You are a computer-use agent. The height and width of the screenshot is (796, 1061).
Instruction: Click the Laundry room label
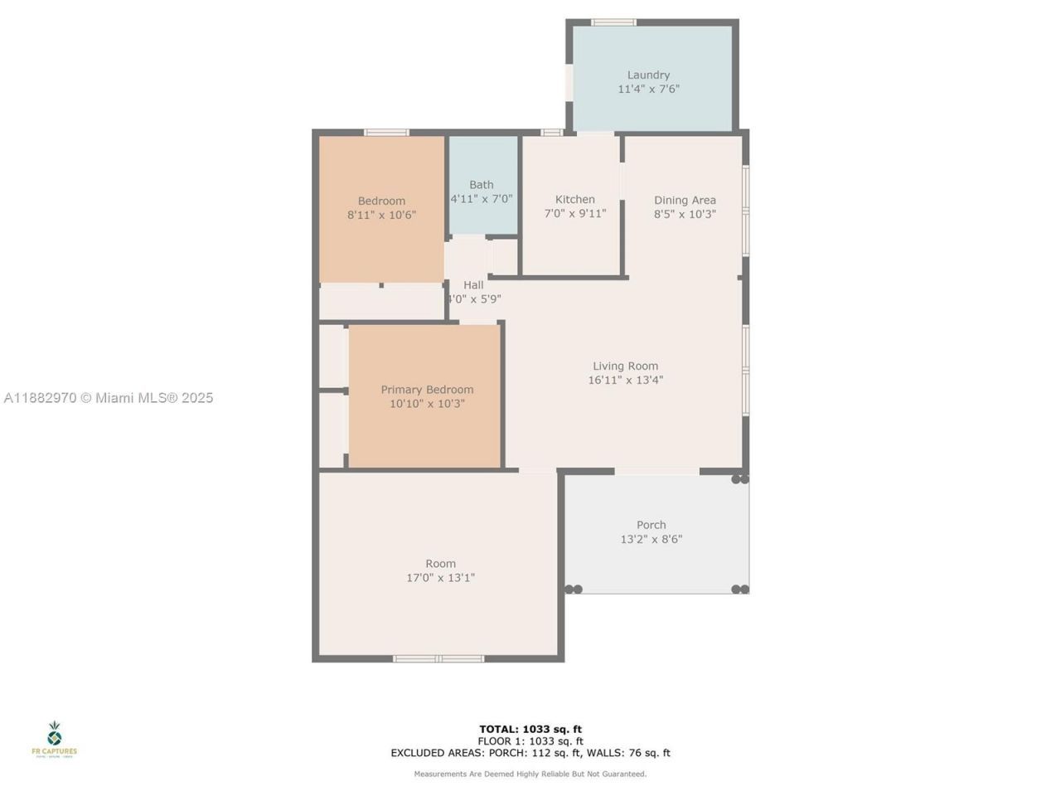click(x=648, y=75)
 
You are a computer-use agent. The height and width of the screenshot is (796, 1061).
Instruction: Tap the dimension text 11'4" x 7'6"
click(x=648, y=89)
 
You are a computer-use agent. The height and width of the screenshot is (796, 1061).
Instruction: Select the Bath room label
click(x=482, y=185)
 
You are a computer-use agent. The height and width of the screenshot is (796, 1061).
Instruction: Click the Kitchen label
click(x=574, y=199)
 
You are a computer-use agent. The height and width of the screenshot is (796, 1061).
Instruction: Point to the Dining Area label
click(x=685, y=200)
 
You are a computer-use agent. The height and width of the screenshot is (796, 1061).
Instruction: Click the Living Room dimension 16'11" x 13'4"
click(x=625, y=381)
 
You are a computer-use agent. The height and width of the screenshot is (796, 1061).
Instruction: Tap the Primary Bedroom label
click(x=427, y=390)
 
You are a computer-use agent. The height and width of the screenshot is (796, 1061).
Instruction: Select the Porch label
click(x=651, y=525)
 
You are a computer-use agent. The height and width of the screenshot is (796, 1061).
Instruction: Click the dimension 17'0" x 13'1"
click(x=440, y=578)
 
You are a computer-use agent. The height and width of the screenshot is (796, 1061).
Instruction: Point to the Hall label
click(x=473, y=285)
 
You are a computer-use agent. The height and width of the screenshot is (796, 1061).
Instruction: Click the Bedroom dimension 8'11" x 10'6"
click(x=381, y=215)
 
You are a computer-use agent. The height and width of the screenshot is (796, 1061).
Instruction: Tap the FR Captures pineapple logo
click(x=54, y=735)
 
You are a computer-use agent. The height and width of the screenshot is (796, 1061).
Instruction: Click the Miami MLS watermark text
click(x=109, y=398)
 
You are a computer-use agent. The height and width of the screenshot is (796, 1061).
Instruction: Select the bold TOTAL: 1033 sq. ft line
click(x=530, y=730)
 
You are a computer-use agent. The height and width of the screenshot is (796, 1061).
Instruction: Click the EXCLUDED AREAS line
click(x=530, y=753)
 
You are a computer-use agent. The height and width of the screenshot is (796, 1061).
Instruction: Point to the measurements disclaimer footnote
click(x=530, y=774)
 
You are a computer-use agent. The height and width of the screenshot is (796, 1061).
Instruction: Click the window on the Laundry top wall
click(x=613, y=22)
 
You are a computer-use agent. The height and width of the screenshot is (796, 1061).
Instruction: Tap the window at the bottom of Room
click(x=438, y=658)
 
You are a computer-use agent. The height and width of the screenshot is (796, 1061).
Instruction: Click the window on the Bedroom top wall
click(x=386, y=133)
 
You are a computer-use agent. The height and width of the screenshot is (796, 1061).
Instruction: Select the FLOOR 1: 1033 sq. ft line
click(x=530, y=741)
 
